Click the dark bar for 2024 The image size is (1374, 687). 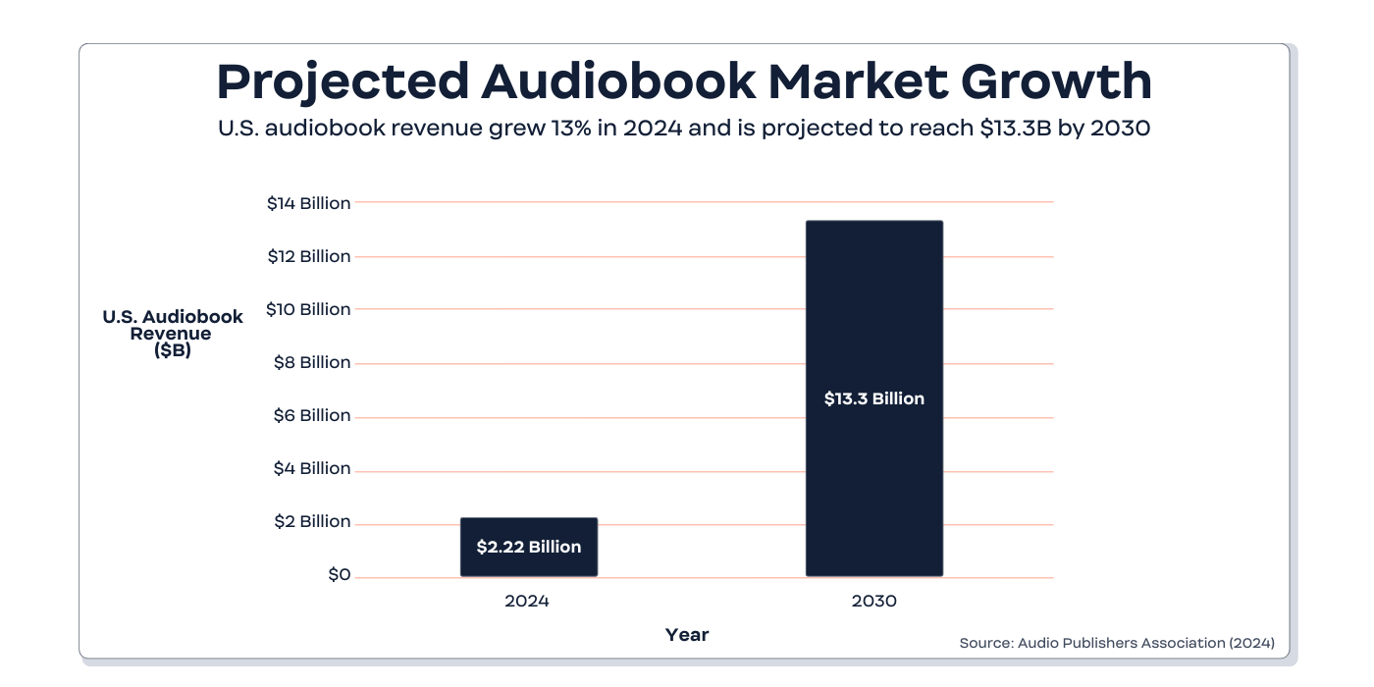528,530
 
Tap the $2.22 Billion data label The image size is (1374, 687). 528,547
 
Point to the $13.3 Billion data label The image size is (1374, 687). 873,398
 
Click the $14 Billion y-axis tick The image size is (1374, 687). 308,203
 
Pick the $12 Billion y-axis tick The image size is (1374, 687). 308,256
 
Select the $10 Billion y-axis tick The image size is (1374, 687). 308,309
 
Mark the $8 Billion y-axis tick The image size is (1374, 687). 311,362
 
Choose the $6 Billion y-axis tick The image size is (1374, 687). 311,415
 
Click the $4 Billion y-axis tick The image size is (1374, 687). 311,468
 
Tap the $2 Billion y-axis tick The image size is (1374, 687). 311,521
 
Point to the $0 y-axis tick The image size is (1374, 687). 339,574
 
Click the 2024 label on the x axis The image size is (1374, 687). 527,601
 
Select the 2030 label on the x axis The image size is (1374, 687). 873,601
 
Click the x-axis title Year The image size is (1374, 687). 687,635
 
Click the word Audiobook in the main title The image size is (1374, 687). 618,81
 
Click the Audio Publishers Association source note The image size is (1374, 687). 1117,643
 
